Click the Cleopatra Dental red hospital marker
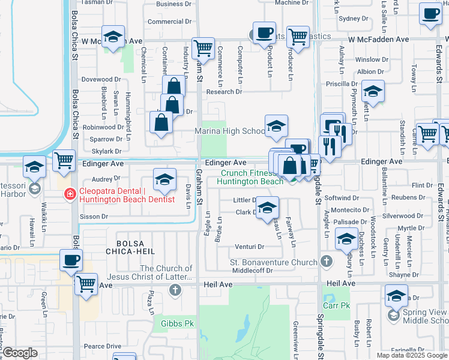point(70,193)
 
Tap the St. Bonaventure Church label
point(274,262)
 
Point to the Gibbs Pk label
point(173,324)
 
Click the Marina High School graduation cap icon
point(276,126)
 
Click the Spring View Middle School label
point(424,317)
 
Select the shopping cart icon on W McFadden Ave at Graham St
point(203,47)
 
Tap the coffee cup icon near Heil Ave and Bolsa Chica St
point(71,260)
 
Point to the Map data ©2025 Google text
point(412,355)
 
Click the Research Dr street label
point(224,92)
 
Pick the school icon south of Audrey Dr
point(164,179)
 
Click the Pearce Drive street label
point(102,346)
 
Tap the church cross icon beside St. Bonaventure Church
point(326,261)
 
